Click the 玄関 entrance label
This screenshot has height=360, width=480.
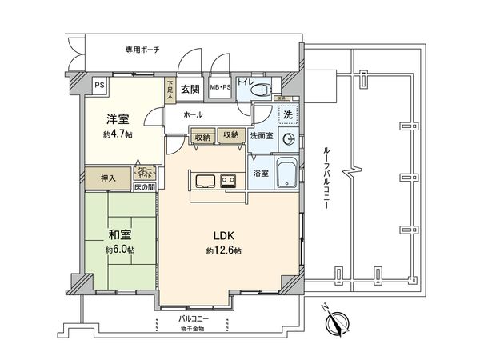pos(189,89)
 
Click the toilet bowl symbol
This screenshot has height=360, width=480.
pos(260,92)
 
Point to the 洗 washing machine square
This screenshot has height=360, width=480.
pos(286,115)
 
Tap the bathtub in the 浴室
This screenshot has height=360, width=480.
pos(287,173)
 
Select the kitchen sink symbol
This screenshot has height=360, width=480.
pos(202,179)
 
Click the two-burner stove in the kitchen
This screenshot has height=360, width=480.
pos(230,179)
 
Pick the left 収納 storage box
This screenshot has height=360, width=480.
pos(203,136)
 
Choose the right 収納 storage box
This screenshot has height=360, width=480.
pos(230,136)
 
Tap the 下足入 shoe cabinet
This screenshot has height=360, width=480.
pos(170,89)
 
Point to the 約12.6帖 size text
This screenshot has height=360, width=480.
pos(224,250)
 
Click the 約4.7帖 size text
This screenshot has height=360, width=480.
pos(117,134)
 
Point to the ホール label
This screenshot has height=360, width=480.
pos(192,115)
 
